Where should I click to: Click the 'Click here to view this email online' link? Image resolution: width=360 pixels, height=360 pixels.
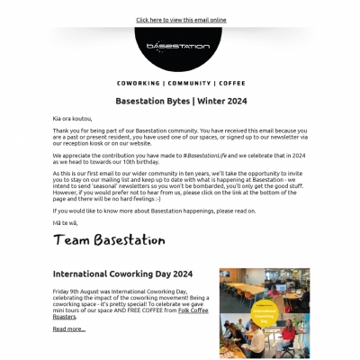[x=181, y=19]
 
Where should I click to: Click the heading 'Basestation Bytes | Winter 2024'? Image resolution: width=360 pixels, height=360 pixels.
[x=181, y=101]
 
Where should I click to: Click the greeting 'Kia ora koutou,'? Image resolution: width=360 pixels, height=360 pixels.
[x=75, y=118]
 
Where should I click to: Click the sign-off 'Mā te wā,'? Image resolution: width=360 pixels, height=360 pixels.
[x=66, y=221]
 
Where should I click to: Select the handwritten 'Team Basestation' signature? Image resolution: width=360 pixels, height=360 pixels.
[x=109, y=239]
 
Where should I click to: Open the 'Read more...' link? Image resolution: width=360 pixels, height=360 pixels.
[x=69, y=329]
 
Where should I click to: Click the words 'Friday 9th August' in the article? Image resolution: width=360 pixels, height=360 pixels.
[x=76, y=292]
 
